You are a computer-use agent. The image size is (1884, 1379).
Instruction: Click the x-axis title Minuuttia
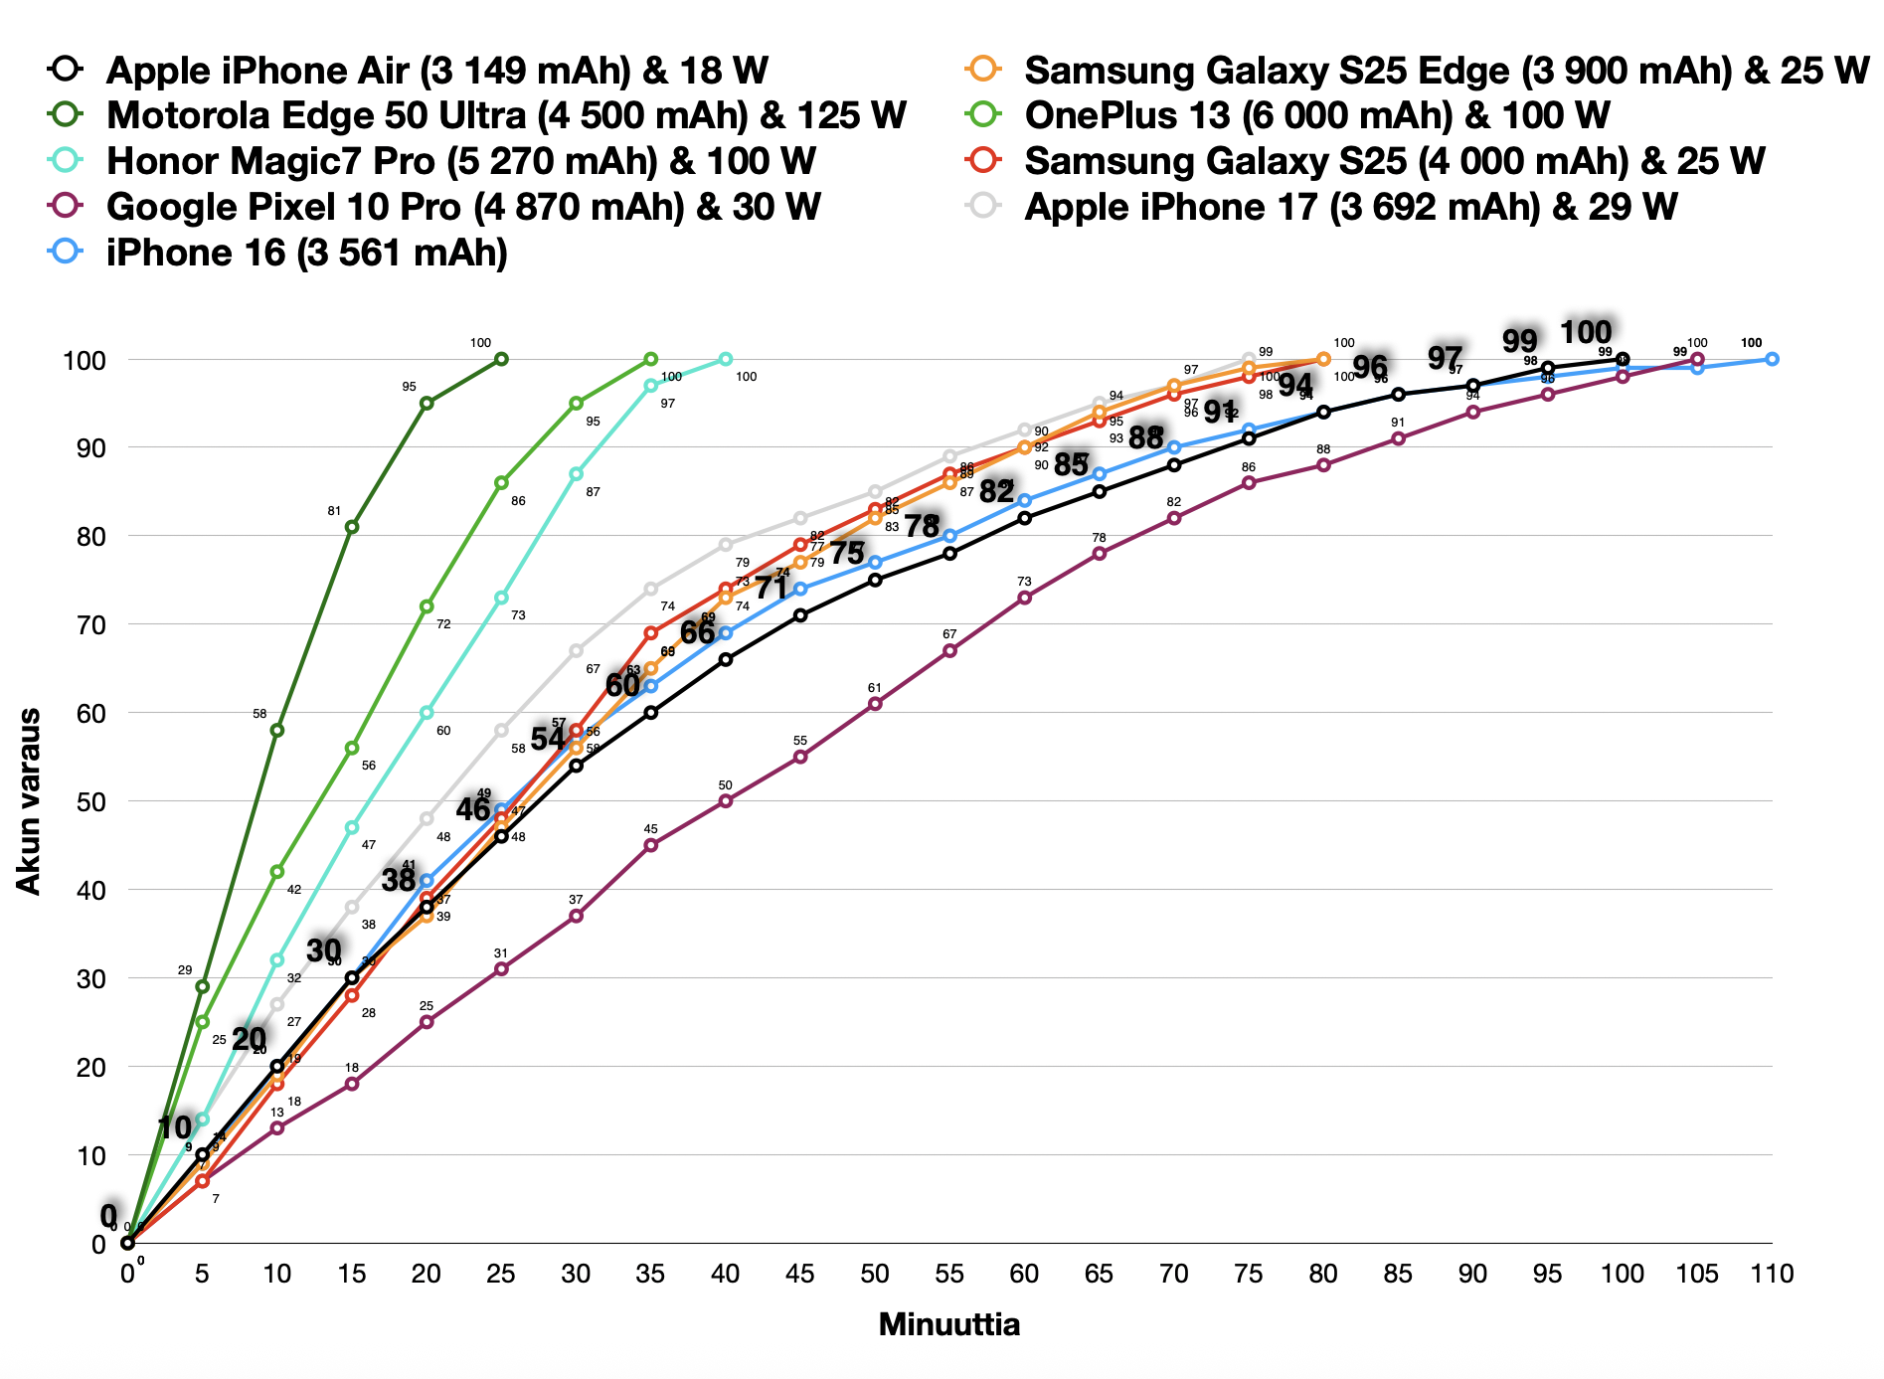click(x=948, y=1325)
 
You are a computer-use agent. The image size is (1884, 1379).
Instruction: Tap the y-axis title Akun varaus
click(x=29, y=801)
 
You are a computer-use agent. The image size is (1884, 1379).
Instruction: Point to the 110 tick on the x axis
click(x=1772, y=1274)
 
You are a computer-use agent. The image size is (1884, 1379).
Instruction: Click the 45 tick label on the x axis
click(x=800, y=1274)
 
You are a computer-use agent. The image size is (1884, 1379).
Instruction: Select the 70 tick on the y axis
click(x=84, y=624)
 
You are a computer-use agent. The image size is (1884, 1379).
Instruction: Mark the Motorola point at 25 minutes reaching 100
click(x=501, y=359)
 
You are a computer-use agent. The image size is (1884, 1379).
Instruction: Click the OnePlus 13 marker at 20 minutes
click(x=427, y=606)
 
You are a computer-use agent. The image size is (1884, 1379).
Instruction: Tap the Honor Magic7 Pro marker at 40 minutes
click(x=726, y=359)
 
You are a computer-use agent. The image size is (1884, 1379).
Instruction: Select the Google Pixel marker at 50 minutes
click(x=875, y=704)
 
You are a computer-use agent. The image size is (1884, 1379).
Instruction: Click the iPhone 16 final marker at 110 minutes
click(x=1772, y=359)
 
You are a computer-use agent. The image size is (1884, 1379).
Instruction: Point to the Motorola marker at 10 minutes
click(x=277, y=730)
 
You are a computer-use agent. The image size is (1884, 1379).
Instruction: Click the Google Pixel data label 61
click(x=875, y=688)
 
